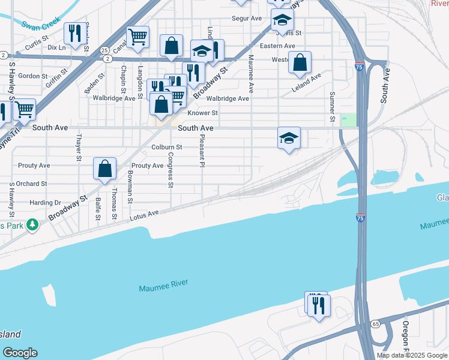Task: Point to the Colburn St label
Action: (167, 147)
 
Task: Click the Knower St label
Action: (202, 113)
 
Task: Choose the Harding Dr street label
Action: (45, 203)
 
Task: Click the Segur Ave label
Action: (247, 19)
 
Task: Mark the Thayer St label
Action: (78, 148)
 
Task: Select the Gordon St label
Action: (32, 76)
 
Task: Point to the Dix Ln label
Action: (56, 47)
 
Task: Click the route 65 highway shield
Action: (375, 323)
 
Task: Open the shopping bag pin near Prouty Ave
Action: (104, 169)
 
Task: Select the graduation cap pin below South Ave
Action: (289, 138)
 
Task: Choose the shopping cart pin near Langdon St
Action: (137, 37)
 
